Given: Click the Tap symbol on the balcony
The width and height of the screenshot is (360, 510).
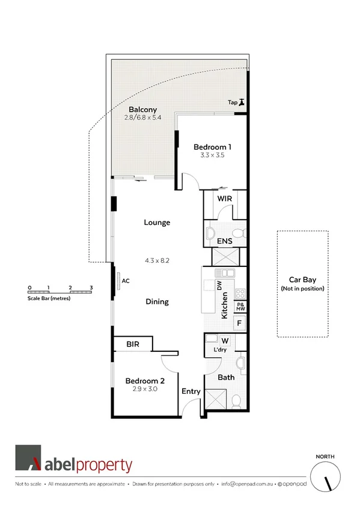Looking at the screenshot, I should tap(242, 102).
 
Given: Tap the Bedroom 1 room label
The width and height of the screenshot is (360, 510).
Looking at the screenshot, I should tap(212, 147).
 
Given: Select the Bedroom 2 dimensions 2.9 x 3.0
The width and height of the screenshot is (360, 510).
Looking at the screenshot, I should tap(144, 390).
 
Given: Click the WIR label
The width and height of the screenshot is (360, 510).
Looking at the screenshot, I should tap(224, 198).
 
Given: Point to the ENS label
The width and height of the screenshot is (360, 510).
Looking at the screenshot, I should tap(225, 241).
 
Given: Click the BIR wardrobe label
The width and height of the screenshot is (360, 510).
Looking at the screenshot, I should tap(133, 344).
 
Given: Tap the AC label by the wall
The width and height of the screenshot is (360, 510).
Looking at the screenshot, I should tap(126, 280).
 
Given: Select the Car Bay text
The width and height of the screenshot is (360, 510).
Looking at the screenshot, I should tap(302, 280).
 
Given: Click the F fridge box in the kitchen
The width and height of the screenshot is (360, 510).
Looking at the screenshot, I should tap(239, 323).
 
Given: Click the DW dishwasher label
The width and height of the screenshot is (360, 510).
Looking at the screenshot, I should tap(219, 286).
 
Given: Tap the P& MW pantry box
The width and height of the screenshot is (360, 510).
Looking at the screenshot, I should tap(240, 306).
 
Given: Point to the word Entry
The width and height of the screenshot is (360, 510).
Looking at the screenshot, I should tap(191, 392).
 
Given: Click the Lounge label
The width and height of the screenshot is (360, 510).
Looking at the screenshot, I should tap(157, 223).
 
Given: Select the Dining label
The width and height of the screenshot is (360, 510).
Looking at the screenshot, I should tap(157, 302).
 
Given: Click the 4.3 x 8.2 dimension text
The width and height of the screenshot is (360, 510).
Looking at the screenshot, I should tap(157, 261).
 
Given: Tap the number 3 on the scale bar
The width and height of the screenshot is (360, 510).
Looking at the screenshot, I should tap(91, 287).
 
